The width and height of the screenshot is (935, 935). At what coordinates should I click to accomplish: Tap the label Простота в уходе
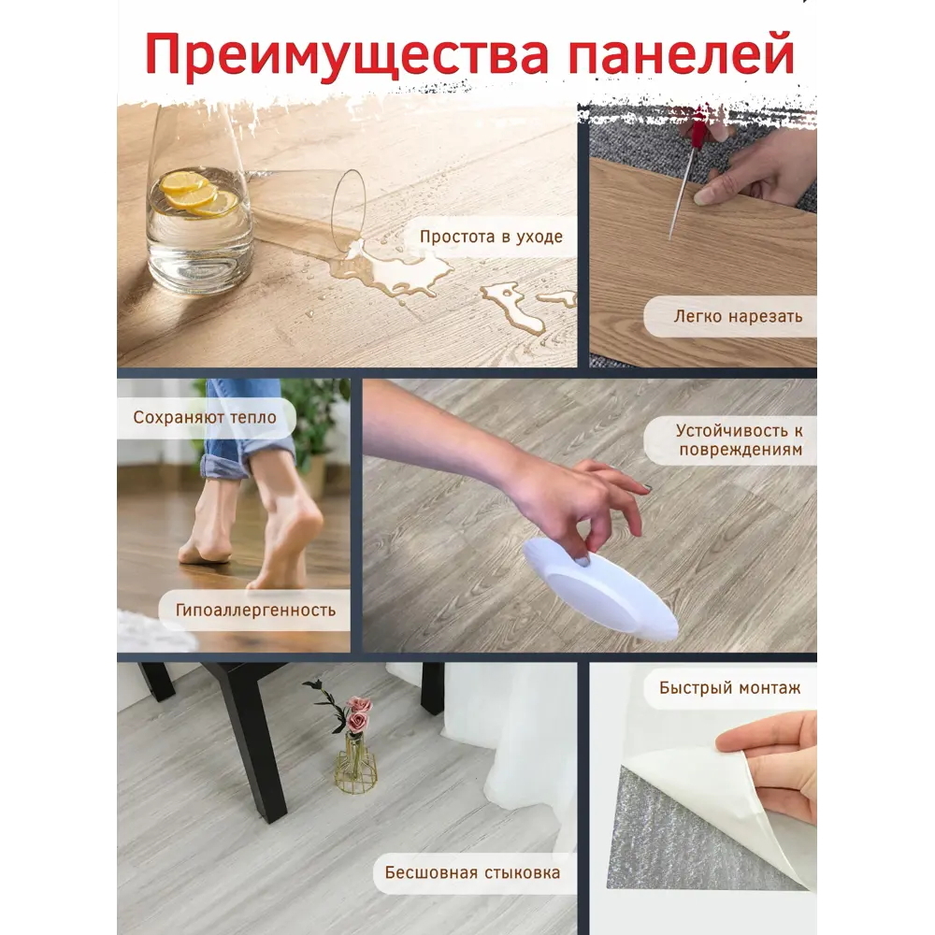coord(491,237)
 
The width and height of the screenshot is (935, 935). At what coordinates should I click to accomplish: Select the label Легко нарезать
coord(738,316)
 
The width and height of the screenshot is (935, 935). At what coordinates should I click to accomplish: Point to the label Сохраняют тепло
coord(205,417)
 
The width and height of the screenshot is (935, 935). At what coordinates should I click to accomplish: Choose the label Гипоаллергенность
coord(255,611)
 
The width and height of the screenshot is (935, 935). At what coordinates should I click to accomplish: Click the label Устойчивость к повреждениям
coord(739,440)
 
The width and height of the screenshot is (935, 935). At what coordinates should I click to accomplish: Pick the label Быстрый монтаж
coord(729,688)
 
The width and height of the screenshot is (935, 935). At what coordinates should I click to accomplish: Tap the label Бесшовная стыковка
coord(472,872)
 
